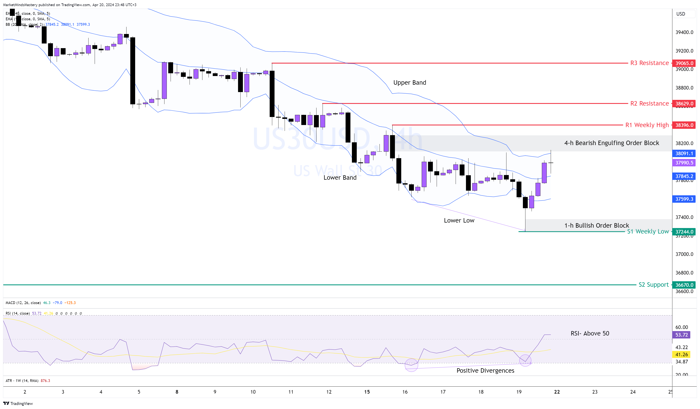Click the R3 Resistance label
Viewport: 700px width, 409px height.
click(x=649, y=63)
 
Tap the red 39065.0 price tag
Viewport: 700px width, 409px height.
click(x=684, y=63)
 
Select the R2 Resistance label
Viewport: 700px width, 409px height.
click(x=649, y=103)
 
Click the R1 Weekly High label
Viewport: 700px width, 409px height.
click(x=647, y=125)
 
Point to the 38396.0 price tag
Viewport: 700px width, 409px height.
click(x=684, y=125)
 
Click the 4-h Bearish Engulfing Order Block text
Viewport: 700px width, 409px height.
click(x=611, y=143)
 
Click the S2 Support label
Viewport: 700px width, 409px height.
click(x=653, y=285)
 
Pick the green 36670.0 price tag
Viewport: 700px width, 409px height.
click(x=684, y=285)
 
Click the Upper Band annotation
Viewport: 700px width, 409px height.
click(x=409, y=83)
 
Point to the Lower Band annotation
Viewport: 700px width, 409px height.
click(x=340, y=178)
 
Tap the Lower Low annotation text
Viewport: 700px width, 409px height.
click(x=459, y=220)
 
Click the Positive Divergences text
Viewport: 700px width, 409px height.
click(x=485, y=371)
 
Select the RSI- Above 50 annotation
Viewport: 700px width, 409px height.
click(x=590, y=333)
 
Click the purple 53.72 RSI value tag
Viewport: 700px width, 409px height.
click(x=681, y=335)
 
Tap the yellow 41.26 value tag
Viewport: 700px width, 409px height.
click(x=681, y=355)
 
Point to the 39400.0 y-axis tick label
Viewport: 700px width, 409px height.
click(x=684, y=32)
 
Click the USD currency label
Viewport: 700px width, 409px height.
click(x=681, y=14)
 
